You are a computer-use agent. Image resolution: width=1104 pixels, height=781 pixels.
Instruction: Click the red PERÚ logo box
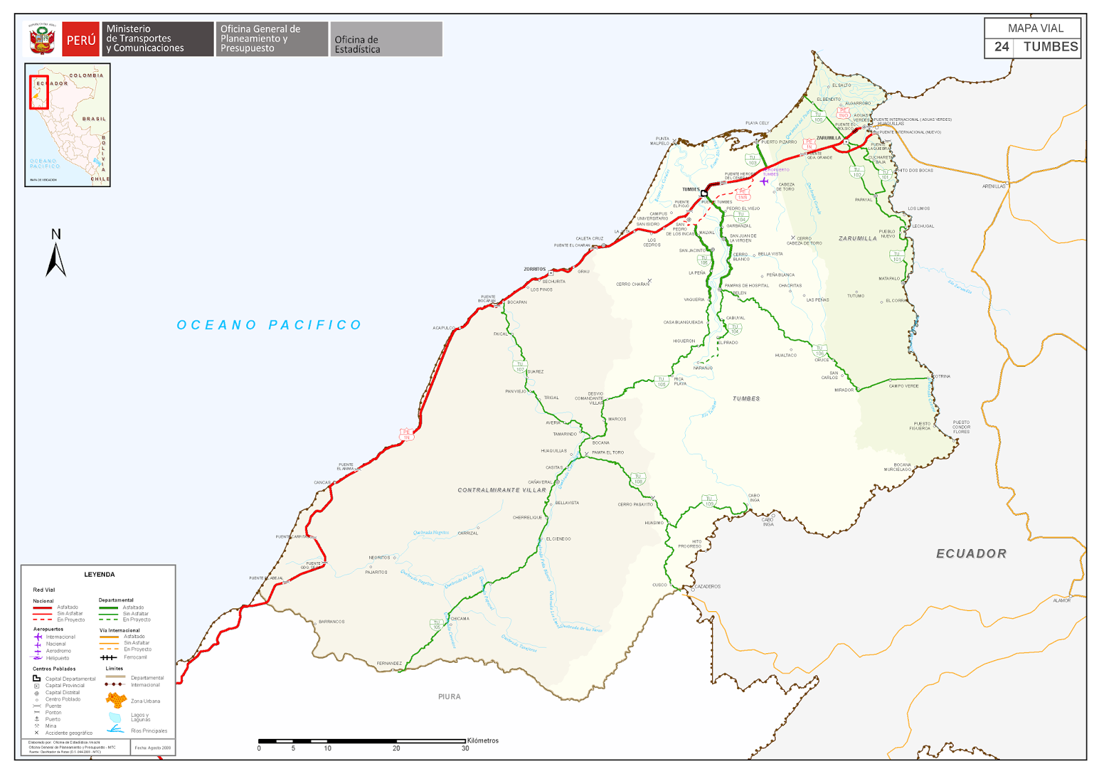pos(81,39)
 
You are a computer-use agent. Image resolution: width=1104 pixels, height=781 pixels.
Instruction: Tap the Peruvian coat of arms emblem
pos(42,39)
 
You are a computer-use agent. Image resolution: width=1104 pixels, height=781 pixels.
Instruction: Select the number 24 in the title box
pos(1001,47)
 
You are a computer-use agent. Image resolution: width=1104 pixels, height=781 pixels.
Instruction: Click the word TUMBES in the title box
pos(1050,47)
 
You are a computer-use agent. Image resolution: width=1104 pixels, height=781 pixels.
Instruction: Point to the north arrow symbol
pos(56,255)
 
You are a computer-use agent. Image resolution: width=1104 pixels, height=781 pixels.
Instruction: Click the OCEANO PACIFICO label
pos(269,325)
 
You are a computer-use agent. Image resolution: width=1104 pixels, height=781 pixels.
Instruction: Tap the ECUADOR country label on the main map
pos(971,554)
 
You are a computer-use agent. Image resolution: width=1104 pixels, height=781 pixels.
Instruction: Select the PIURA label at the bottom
pos(449,697)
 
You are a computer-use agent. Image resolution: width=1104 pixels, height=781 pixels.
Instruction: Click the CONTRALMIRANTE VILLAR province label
pos(502,490)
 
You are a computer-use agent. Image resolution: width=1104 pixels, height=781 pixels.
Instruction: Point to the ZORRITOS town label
pos(535,269)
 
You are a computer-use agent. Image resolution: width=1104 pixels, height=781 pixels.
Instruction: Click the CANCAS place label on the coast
pos(322,483)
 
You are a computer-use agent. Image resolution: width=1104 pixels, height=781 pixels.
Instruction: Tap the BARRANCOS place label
pos(331,621)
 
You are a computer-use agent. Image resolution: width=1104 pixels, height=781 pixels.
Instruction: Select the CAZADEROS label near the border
pos(707,586)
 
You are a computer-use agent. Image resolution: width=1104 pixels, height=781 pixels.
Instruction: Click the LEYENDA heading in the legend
pos(99,575)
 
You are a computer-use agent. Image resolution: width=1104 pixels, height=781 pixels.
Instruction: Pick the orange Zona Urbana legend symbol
pos(116,701)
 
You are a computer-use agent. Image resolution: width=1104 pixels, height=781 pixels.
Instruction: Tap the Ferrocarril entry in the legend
pos(135,657)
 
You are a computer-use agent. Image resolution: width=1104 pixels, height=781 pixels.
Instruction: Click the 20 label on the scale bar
pos(396,749)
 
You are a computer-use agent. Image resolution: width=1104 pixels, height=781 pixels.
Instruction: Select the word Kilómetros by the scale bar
pos(483,741)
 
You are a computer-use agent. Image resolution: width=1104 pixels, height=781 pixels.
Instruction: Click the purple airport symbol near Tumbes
pos(764,181)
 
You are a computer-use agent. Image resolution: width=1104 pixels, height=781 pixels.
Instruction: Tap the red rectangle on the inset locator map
pos(39,92)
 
